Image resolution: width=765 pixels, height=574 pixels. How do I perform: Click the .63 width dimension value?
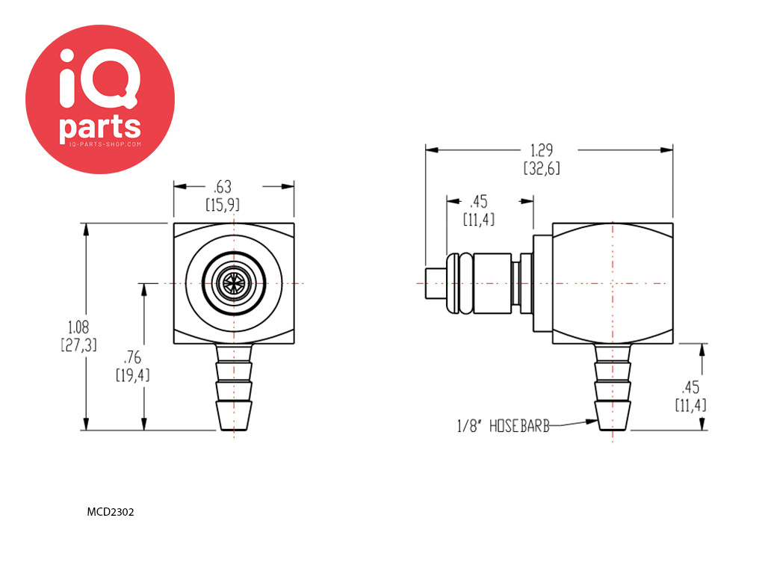click(223, 187)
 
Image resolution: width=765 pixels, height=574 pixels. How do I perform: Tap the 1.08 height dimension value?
click(78, 327)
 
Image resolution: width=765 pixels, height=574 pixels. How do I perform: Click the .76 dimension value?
click(132, 358)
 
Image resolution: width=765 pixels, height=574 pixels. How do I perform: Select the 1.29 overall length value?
click(542, 150)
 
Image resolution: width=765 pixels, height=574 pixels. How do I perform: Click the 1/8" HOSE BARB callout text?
click(503, 426)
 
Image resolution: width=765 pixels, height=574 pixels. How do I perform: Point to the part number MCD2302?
click(111, 512)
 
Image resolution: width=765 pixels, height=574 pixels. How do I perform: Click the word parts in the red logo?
click(100, 129)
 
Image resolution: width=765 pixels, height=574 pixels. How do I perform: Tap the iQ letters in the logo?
click(99, 78)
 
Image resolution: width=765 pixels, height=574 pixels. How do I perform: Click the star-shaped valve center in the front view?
click(234, 283)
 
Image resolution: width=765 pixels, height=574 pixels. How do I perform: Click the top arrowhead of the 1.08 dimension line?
click(87, 230)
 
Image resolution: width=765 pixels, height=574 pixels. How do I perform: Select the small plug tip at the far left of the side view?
click(436, 283)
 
